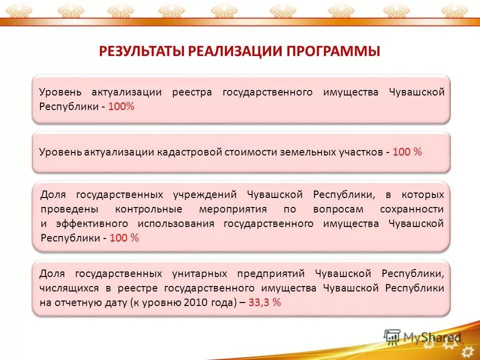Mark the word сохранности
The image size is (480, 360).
point(411,209)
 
